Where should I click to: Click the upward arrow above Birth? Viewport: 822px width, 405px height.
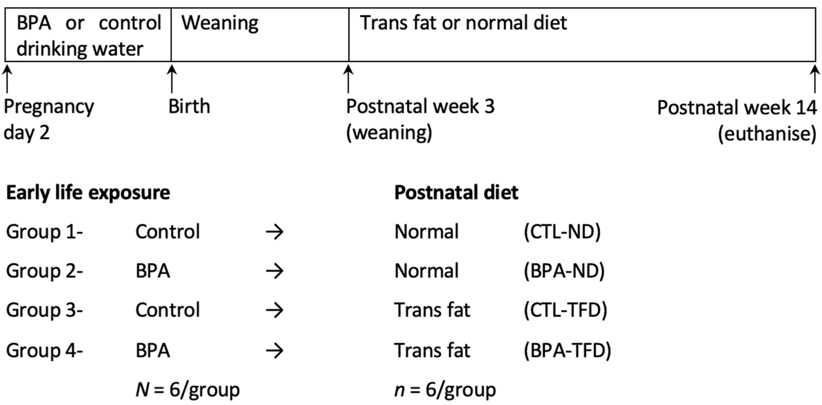tap(172, 79)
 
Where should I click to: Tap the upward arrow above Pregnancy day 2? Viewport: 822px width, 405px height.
tap(7, 79)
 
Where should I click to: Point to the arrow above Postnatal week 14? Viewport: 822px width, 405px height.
tap(815, 79)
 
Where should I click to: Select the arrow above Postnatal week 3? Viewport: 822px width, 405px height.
tap(348, 79)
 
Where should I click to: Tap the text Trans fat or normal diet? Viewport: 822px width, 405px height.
tap(463, 23)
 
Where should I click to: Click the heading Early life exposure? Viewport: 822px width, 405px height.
tap(88, 193)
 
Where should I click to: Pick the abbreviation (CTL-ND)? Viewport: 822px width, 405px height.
tap(562, 232)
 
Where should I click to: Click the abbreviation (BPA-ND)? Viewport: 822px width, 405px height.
tap(564, 271)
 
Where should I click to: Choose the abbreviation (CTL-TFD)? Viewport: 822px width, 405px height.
tap(565, 310)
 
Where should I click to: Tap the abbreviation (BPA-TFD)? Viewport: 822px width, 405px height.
tap(567, 350)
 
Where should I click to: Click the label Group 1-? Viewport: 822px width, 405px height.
tap(44, 232)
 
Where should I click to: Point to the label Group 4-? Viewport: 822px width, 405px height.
tap(44, 350)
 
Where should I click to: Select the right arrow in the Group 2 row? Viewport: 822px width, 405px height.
tap(274, 271)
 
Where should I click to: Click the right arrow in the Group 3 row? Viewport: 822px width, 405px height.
tap(274, 310)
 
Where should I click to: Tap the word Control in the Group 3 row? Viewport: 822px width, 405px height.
tap(168, 310)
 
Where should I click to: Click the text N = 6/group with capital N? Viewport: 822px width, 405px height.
tap(188, 389)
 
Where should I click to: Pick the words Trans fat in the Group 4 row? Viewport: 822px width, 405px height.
tap(432, 350)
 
